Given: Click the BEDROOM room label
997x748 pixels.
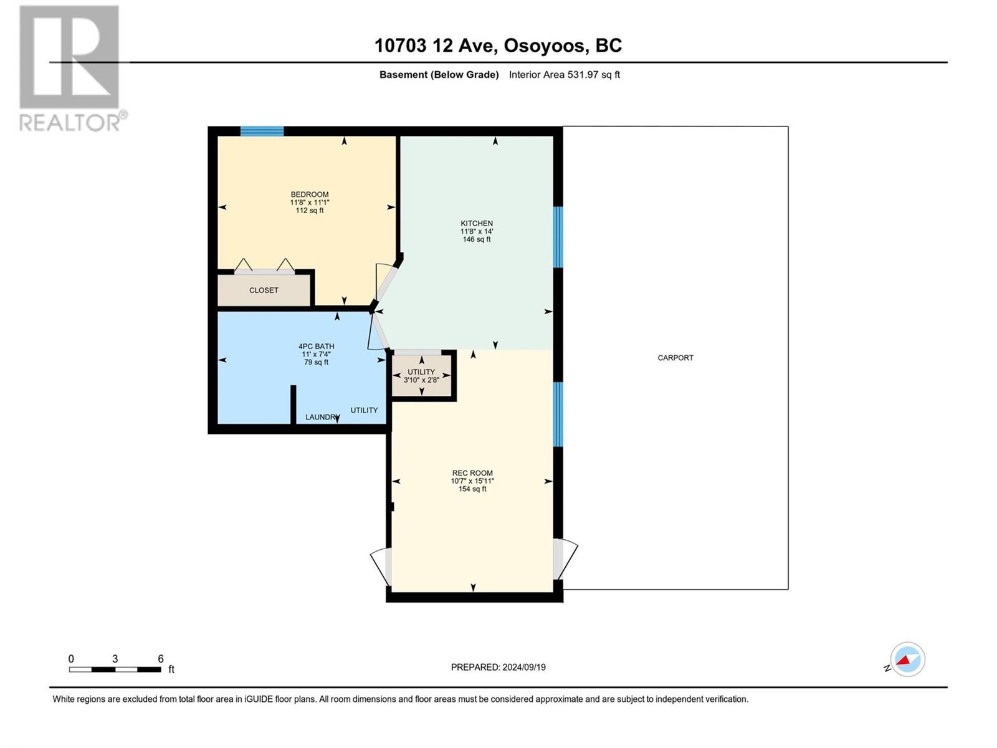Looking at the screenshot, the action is [310, 194].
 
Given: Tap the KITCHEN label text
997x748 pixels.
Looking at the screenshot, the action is [477, 223].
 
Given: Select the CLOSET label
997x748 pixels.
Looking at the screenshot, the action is [264, 290].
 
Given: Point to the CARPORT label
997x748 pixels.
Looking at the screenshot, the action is [675, 358].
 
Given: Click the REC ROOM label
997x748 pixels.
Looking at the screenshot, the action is [472, 472].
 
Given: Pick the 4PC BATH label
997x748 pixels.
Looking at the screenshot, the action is [316, 347].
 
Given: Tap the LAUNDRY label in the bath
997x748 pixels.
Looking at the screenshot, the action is [321, 417].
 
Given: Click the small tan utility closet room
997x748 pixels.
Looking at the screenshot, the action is [422, 376].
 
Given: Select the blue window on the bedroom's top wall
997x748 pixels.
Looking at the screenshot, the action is [262, 132].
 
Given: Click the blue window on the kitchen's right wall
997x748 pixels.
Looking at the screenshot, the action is [558, 237].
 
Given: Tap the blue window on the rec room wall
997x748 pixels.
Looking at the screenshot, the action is [558, 414].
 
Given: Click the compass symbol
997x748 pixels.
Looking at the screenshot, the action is [907, 659].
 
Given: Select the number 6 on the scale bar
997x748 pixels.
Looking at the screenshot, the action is [160, 658].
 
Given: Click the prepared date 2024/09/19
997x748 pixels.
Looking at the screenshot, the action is [523, 667].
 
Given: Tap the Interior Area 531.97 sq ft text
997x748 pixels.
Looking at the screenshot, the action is [564, 74].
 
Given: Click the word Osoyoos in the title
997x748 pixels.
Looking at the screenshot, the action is [544, 46].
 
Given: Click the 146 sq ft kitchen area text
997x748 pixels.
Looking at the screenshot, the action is [477, 239].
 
